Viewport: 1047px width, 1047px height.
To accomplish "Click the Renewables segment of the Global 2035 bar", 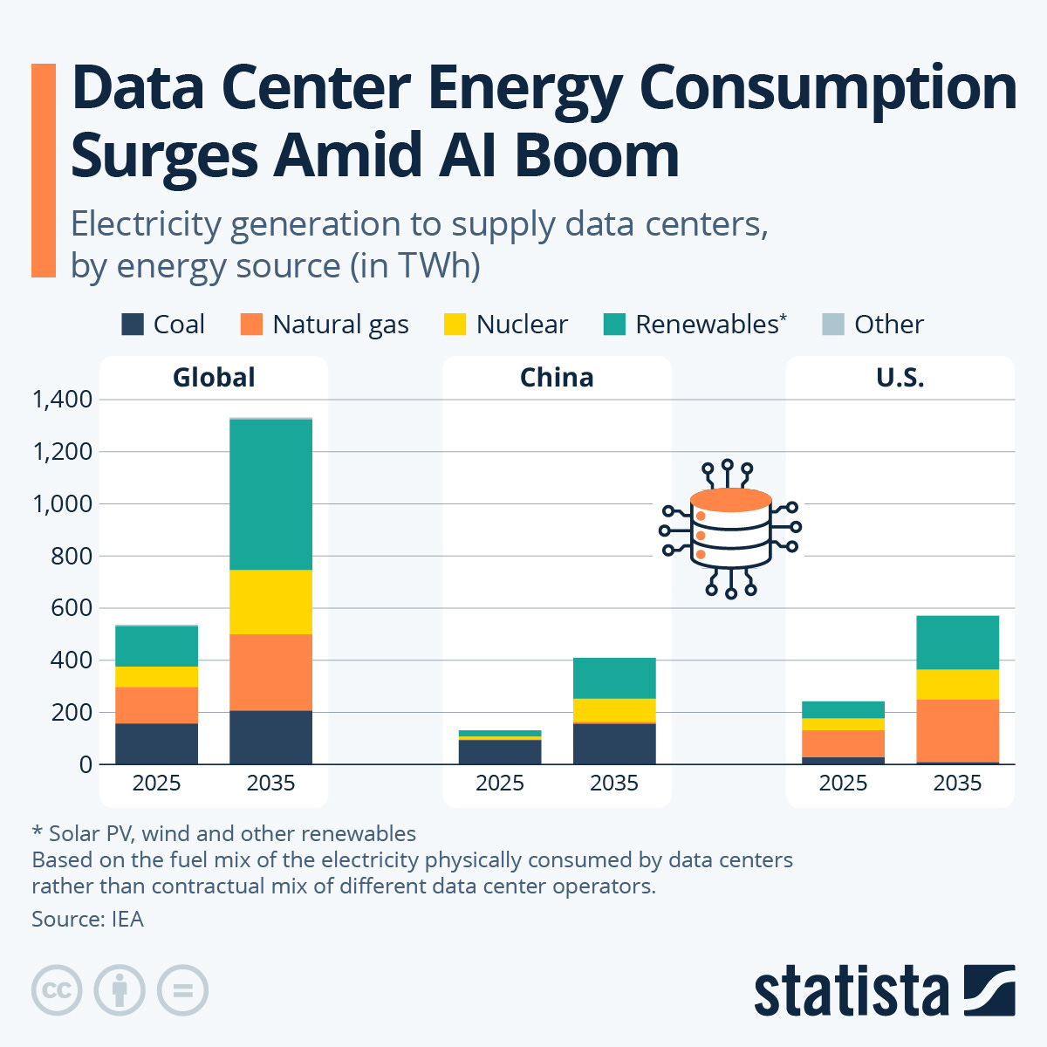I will point(270,495).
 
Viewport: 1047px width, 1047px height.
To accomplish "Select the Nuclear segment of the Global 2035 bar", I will point(270,602).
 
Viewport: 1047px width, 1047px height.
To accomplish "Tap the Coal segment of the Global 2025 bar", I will point(157,743).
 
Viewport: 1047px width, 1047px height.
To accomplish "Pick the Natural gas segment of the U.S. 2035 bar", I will point(957,730).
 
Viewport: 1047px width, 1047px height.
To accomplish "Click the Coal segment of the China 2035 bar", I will point(614,743).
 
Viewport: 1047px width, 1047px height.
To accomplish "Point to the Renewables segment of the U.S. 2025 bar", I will point(843,709).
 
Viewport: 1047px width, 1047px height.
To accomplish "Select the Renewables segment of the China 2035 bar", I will point(614,678).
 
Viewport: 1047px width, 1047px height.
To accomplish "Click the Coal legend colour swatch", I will point(133,325).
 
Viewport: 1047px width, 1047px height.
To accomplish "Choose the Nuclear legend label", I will point(522,325).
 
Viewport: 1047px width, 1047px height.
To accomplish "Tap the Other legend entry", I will point(872,325).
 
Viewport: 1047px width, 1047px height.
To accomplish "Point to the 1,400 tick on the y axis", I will point(62,400).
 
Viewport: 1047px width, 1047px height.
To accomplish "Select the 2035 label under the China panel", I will point(614,784).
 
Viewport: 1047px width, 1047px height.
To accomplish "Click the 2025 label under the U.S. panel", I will point(843,784).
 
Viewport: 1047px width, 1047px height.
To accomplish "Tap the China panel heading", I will point(557,378).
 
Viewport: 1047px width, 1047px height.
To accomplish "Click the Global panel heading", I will point(214,378).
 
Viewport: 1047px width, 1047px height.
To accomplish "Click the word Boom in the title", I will point(597,156).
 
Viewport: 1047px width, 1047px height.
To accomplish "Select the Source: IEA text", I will point(87,919).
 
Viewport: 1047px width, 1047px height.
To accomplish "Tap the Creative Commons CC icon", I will point(57,990).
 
